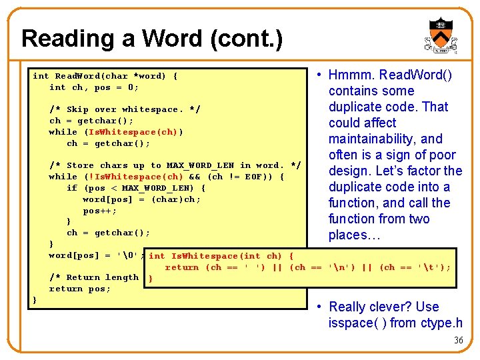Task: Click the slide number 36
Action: pyautogui.click(x=458, y=340)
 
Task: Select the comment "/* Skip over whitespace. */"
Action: pyautogui.click(x=125, y=109)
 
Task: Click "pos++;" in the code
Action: pyautogui.click(x=100, y=211)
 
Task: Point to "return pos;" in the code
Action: pyautogui.click(x=80, y=289)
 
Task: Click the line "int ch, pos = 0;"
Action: pyautogui.click(x=94, y=87)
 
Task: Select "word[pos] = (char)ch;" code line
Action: pyautogui.click(x=141, y=199)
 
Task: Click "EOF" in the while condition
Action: pyautogui.click(x=255, y=177)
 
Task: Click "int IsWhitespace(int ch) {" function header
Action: pyautogui.click(x=221, y=256)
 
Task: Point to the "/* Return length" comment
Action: pyautogui.click(x=94, y=277)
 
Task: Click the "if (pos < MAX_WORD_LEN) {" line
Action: pyautogui.click(x=136, y=188)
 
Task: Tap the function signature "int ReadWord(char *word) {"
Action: pyautogui.click(x=105, y=76)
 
